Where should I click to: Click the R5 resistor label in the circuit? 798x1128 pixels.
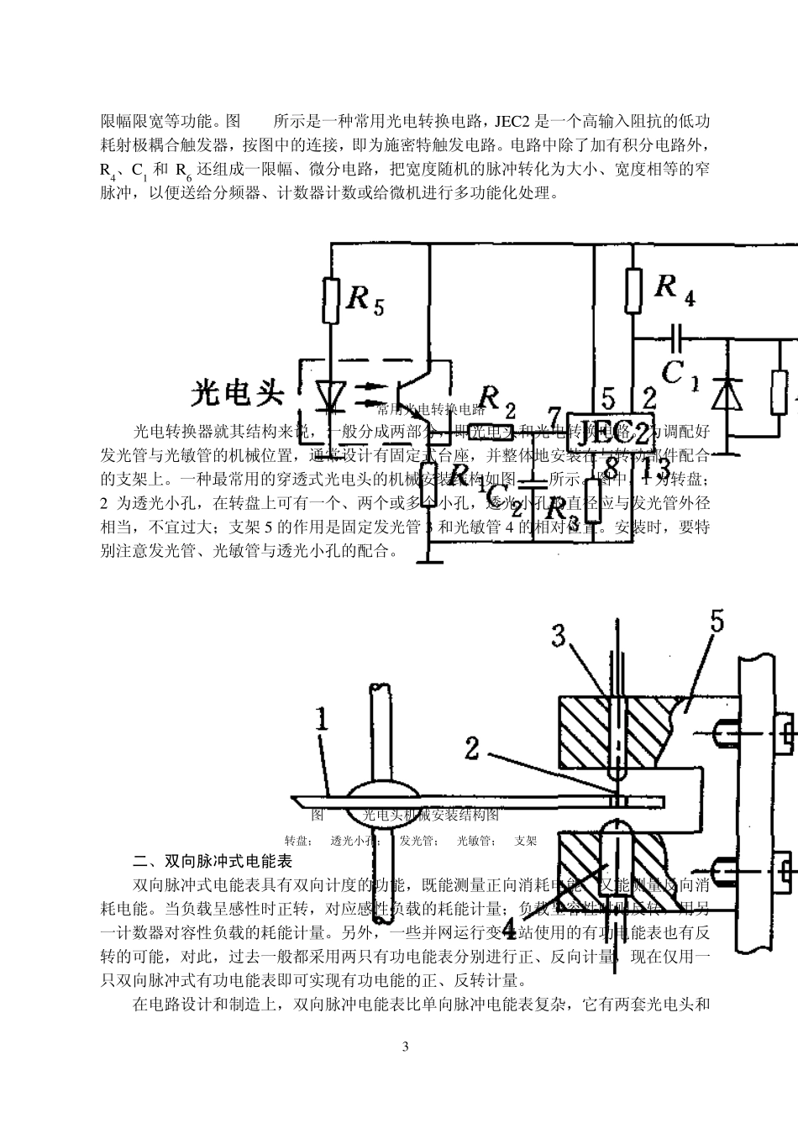(x=365, y=299)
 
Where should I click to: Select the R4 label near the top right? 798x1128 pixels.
(x=675, y=289)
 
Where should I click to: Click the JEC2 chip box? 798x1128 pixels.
(x=611, y=431)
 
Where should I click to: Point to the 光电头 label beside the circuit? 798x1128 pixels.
(x=239, y=392)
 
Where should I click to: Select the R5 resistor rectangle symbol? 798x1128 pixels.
(x=332, y=300)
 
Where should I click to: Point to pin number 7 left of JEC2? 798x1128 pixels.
(x=552, y=416)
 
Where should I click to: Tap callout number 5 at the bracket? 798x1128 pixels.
(x=717, y=622)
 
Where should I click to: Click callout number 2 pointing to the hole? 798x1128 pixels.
(x=472, y=747)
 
